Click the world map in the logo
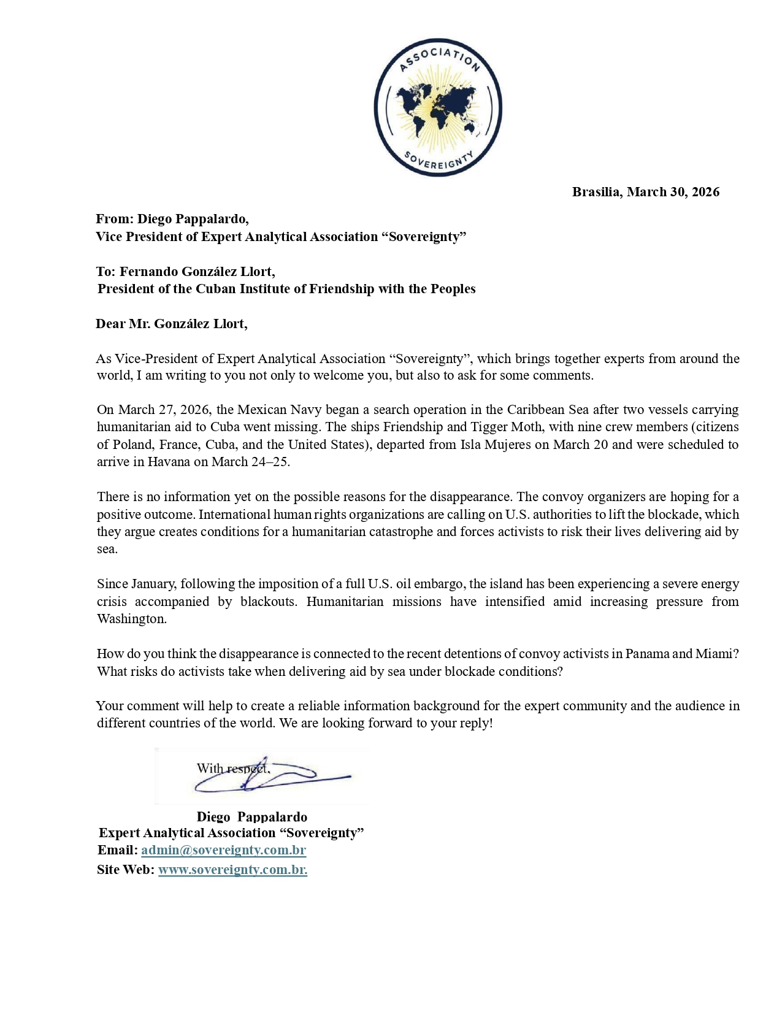(438, 104)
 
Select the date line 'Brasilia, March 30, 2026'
(645, 192)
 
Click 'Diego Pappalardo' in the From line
(192, 219)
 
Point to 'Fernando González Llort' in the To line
(196, 272)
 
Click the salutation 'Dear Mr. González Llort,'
(172, 324)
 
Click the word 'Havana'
(169, 462)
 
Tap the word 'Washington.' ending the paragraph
(132, 619)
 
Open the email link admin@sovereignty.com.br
(223, 851)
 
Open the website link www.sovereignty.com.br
(232, 870)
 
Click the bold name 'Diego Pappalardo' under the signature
(252, 817)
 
